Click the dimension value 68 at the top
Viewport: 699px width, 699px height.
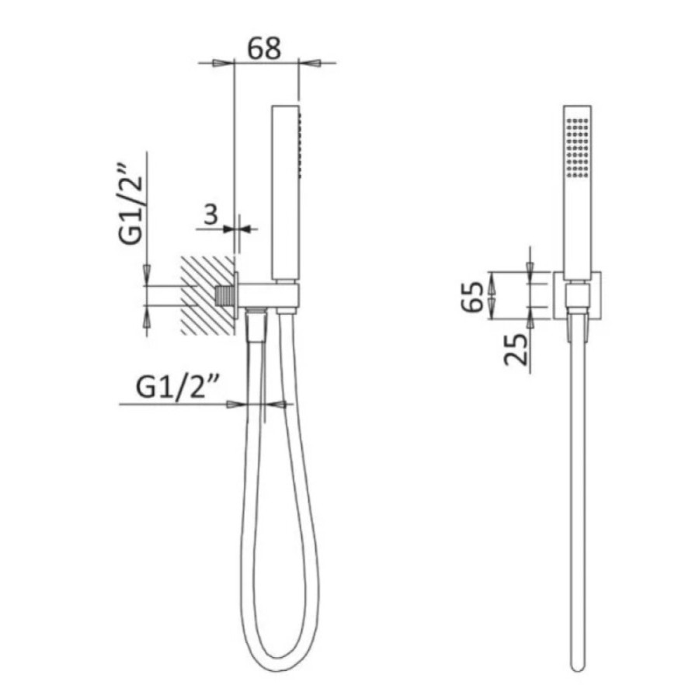point(264,48)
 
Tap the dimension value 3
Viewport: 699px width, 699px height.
point(210,214)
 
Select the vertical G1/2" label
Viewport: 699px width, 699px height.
point(131,206)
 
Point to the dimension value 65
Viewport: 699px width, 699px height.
point(472,297)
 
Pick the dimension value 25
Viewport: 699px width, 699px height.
point(516,349)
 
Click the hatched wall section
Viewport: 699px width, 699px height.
point(207,295)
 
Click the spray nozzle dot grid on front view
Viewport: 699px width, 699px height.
point(578,148)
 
